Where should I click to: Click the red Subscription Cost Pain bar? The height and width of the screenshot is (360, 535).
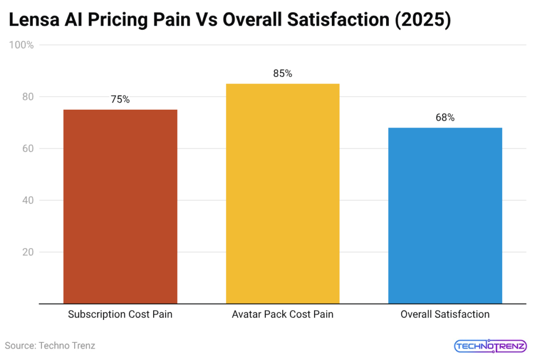(120, 206)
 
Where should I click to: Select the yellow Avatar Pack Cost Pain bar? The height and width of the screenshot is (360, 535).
(283, 193)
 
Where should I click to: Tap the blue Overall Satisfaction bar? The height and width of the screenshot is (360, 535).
(445, 215)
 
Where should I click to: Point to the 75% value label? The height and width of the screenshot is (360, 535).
(120, 99)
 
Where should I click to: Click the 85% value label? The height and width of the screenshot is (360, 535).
(283, 74)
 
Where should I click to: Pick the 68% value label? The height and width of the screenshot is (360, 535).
(445, 118)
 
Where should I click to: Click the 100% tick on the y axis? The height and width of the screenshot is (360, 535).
(21, 45)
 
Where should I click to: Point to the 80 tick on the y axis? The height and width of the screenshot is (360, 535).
(28, 97)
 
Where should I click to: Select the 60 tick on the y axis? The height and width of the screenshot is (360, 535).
(28, 148)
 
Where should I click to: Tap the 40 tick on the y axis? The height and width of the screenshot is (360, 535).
(28, 200)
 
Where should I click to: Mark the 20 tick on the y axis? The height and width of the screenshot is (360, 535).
(28, 252)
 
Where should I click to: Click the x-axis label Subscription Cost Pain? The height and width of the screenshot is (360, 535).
(120, 315)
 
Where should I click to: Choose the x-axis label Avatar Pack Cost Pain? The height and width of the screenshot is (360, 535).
(283, 315)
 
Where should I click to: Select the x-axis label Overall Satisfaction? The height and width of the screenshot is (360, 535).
(445, 315)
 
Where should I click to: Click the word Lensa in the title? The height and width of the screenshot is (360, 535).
(36, 21)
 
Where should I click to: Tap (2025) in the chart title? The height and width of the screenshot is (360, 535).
(422, 21)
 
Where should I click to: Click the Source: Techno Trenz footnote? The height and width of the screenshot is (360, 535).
(50, 345)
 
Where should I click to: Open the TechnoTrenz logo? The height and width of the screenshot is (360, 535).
(490, 346)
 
